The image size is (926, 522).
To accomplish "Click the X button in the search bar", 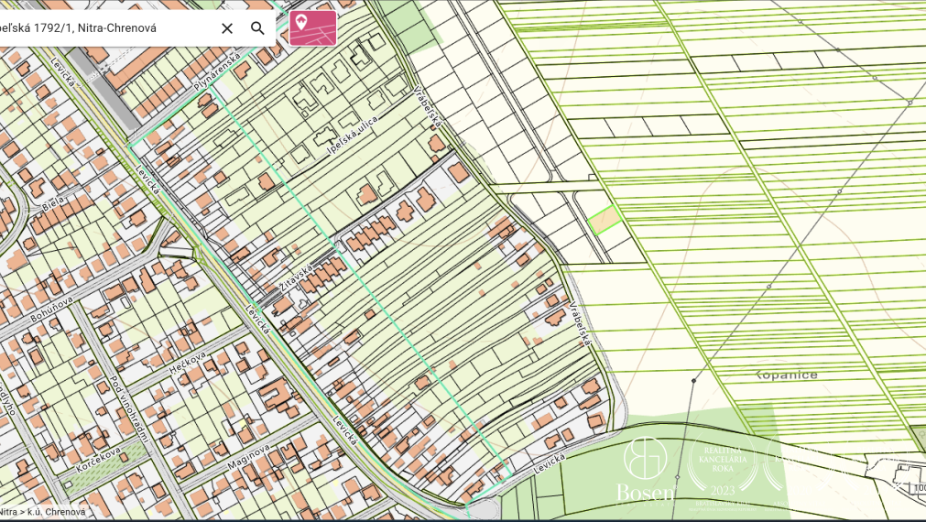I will [227, 28].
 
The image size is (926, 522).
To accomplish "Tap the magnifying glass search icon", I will [258, 28].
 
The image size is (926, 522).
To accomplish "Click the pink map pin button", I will [312, 27].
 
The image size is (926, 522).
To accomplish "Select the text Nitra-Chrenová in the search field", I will [117, 28].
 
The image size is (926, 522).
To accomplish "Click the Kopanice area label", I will [786, 375].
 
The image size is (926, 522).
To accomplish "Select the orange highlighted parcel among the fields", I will [604, 220].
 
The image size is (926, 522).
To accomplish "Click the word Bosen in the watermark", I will [645, 493].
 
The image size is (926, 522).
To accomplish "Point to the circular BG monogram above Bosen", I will [645, 459].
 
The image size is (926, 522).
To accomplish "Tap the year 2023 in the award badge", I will [723, 490].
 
